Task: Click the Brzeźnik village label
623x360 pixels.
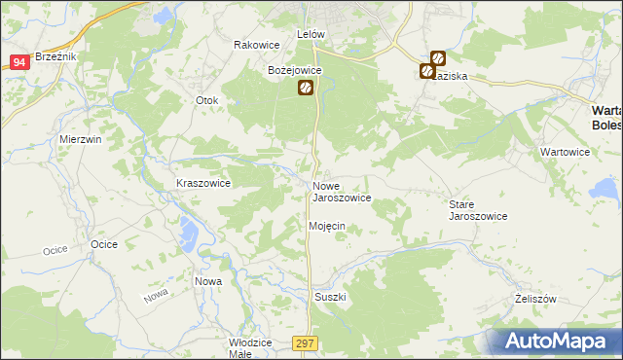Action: point(55,57)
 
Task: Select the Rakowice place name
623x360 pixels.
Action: point(257,45)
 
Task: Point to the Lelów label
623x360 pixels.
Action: point(310,34)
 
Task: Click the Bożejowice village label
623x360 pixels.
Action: point(295,70)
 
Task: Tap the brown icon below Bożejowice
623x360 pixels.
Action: point(305,89)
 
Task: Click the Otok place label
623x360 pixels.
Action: point(206,100)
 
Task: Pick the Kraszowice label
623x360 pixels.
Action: point(202,182)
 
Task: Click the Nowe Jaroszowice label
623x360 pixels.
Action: point(341,191)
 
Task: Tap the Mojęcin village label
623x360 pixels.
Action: point(327,226)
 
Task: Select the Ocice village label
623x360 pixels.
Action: point(104,244)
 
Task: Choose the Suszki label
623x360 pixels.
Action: point(330,297)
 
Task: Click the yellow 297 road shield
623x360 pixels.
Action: point(304,342)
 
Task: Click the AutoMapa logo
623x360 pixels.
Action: point(556,342)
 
